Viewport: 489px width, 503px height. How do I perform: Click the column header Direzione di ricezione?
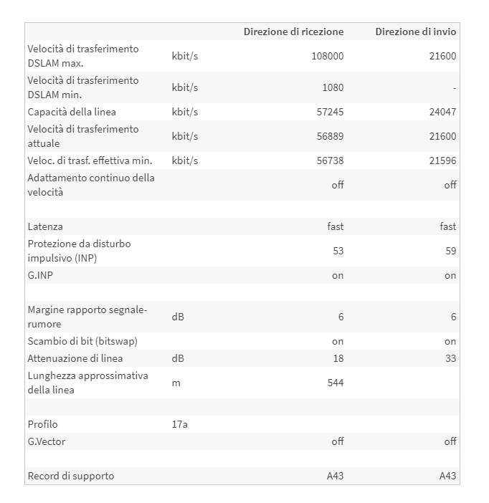pos(293,32)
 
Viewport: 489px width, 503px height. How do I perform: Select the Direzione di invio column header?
pos(415,32)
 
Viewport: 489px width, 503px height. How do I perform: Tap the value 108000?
pos(328,56)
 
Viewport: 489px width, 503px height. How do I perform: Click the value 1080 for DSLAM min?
pos(333,87)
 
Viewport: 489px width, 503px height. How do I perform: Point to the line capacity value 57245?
pos(330,112)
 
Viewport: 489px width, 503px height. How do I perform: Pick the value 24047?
pos(442,112)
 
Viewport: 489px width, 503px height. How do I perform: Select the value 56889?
pos(330,136)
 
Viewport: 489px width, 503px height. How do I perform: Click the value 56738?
pos(330,161)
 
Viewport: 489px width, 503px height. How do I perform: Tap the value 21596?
pos(442,161)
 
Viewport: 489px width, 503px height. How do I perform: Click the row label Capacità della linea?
pos(72,112)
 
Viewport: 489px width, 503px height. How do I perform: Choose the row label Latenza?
pos(45,226)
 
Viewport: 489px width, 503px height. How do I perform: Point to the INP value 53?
pos(338,251)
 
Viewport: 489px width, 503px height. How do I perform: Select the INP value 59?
pos(450,251)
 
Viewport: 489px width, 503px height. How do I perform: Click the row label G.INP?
pos(41,275)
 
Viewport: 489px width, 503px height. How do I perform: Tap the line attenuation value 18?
pos(338,358)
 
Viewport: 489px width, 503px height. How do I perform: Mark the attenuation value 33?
pos(450,358)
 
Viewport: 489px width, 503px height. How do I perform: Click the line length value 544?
pos(335,383)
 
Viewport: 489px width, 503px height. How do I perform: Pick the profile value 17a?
pos(179,424)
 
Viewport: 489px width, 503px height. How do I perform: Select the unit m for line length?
pos(176,383)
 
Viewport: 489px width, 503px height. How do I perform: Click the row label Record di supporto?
pos(70,476)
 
